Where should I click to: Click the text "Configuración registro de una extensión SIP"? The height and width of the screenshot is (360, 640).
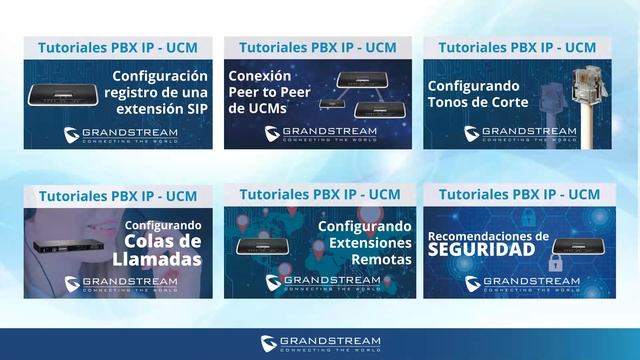(160, 91)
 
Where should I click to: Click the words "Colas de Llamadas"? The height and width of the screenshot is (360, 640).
(163, 249)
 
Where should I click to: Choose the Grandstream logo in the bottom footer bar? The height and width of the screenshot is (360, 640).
(320, 343)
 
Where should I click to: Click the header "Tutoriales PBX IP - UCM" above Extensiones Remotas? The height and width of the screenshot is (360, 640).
(320, 194)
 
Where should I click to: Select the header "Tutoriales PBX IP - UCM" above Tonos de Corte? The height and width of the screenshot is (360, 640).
(517, 47)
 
